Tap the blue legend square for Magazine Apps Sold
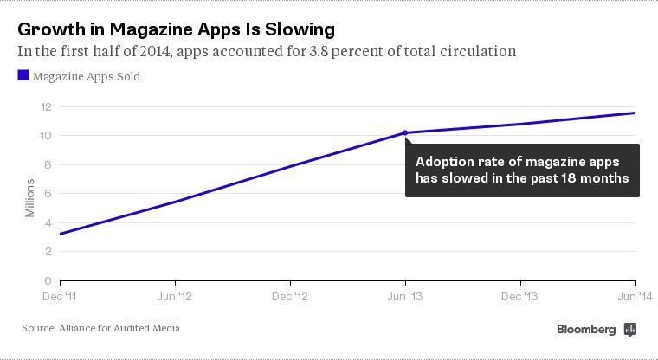(23, 76)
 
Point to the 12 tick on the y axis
(46, 106)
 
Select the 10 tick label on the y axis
(46, 136)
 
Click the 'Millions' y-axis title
(30, 198)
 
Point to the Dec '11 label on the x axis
(60, 297)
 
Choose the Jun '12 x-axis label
(175, 297)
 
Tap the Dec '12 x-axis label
(290, 297)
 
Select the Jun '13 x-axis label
(405, 297)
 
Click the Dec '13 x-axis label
(520, 297)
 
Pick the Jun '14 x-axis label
(635, 297)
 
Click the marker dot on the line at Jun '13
(405, 133)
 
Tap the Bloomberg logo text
(586, 330)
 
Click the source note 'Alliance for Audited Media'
(119, 329)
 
